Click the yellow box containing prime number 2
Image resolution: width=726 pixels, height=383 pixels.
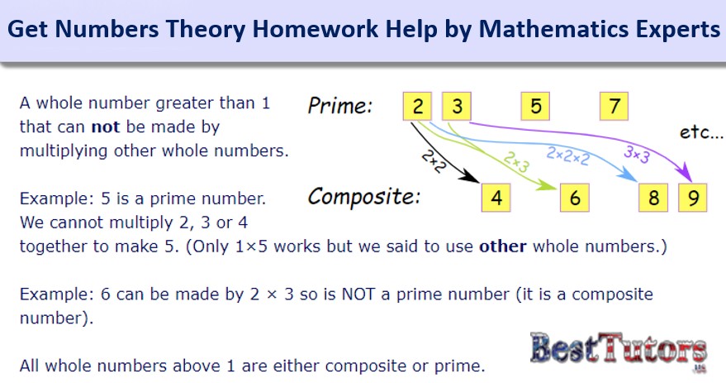(x=417, y=106)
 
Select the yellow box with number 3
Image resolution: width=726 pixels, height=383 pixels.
(x=457, y=106)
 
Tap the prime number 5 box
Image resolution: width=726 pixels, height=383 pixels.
(x=535, y=106)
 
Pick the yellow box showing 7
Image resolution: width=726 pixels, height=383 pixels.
(x=614, y=106)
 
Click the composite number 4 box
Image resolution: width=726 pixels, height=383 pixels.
(x=496, y=198)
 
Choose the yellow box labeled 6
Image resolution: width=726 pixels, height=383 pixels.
(x=575, y=198)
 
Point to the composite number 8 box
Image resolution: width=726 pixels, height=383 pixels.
(x=653, y=198)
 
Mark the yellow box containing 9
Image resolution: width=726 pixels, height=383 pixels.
(x=693, y=198)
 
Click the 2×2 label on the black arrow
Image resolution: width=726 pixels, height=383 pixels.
(x=434, y=162)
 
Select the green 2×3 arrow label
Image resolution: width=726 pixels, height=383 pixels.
(x=516, y=162)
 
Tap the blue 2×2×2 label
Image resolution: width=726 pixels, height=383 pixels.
(x=568, y=156)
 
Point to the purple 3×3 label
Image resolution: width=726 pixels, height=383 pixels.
(x=637, y=154)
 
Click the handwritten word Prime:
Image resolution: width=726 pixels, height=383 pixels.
(x=340, y=105)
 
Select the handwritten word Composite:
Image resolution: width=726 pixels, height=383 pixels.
(x=364, y=197)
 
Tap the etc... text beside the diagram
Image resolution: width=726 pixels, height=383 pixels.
(x=701, y=132)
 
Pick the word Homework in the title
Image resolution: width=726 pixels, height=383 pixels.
(x=315, y=29)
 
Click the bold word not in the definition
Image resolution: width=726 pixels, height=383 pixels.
(x=106, y=127)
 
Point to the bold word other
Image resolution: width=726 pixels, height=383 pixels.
(x=503, y=247)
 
